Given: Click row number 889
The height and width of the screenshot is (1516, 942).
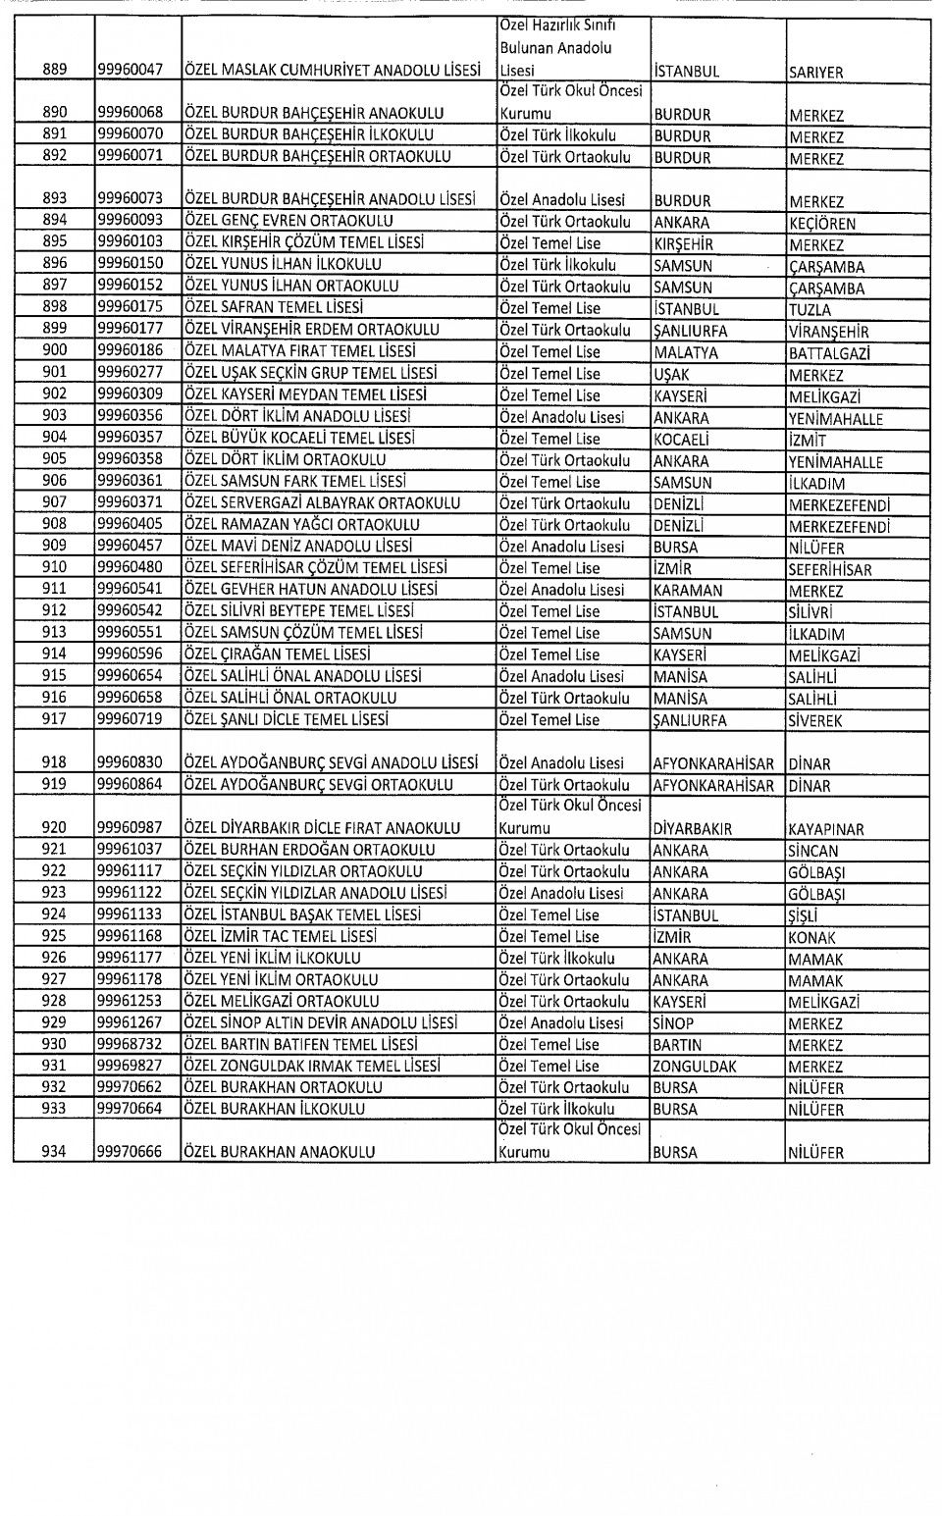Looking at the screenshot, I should click(x=55, y=70).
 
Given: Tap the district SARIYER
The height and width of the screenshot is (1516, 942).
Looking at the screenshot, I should click(x=815, y=72).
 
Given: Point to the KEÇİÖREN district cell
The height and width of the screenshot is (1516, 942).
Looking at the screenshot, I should click(x=822, y=223).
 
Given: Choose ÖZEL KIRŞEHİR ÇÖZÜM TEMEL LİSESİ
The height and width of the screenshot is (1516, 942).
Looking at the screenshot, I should click(x=304, y=242).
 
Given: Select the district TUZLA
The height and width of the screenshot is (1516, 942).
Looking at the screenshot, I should click(x=810, y=309).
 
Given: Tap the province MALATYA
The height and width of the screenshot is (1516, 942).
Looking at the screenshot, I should click(x=686, y=352).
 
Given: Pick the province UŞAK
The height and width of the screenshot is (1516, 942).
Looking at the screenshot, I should click(x=672, y=374).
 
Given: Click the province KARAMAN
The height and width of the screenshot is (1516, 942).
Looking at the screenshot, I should click(x=688, y=591).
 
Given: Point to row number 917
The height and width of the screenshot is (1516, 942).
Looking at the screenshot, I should click(x=55, y=719).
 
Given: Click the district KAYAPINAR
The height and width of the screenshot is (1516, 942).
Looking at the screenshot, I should click(x=826, y=829).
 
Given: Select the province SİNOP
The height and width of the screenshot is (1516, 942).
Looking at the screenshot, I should click(x=673, y=1023).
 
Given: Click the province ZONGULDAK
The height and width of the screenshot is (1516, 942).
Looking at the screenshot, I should click(x=695, y=1067).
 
